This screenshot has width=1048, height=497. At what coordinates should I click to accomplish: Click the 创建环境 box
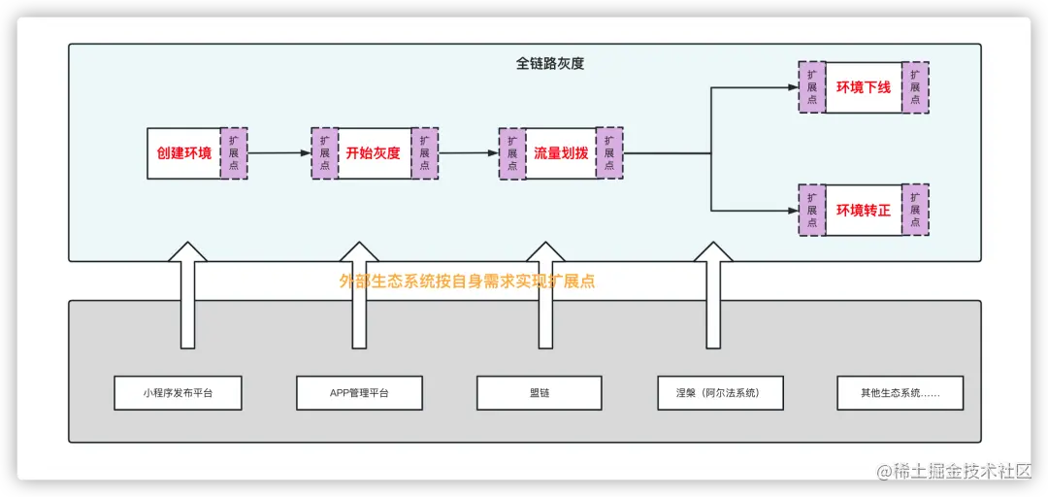184,153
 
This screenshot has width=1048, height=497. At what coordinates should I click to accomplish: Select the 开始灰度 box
374,153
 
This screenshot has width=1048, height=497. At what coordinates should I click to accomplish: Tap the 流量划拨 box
561,153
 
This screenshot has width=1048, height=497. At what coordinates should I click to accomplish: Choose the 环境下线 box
864,87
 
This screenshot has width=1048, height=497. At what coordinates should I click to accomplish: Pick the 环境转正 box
864,210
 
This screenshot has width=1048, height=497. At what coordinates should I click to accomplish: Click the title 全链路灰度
550,64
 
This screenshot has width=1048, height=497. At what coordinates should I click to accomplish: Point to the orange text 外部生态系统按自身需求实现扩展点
467,282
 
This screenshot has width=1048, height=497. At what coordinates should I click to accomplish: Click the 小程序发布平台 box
178,393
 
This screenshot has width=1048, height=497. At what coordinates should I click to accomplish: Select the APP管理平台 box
359,393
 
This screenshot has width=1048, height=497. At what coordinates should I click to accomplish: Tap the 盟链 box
540,393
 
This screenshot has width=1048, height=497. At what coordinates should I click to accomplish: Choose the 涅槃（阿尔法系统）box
720,393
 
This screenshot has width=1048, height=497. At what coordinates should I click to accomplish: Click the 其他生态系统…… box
901,393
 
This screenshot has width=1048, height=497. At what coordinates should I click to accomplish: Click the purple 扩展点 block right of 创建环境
234,153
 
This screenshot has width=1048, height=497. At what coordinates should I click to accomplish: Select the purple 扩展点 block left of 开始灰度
324,153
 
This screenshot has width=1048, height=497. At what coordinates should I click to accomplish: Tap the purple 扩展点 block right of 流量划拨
609,153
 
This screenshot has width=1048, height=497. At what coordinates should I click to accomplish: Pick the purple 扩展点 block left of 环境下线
811,87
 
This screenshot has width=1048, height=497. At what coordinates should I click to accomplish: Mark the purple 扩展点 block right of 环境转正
915,210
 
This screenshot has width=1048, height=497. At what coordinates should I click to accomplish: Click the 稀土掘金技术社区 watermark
961,471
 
